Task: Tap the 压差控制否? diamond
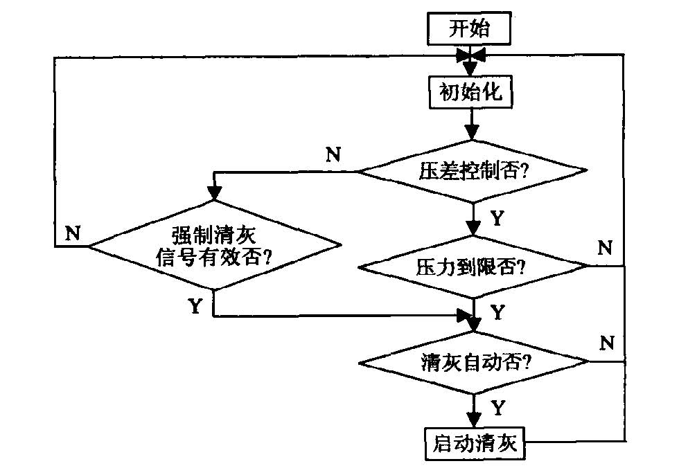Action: click(x=472, y=171)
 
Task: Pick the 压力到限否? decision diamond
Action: click(x=472, y=266)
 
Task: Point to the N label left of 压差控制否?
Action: click(x=333, y=154)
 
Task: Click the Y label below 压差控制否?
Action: click(x=497, y=218)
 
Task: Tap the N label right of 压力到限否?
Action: click(x=606, y=246)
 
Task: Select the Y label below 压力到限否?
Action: click(x=497, y=312)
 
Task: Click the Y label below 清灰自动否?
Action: click(x=497, y=407)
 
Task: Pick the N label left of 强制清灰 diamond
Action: click(x=72, y=233)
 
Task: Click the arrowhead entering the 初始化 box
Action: click(x=471, y=69)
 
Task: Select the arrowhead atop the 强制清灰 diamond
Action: click(x=214, y=194)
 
